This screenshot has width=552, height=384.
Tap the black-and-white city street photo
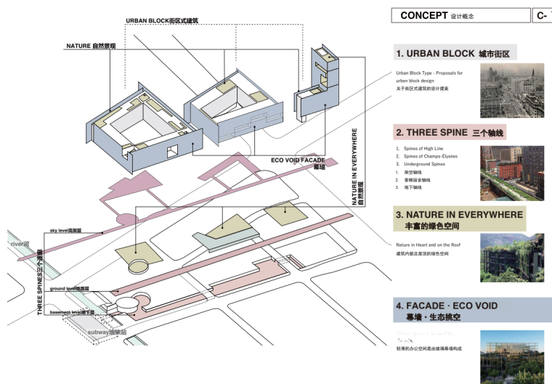click(x=512, y=91)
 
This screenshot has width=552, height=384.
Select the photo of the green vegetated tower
click(x=512, y=258)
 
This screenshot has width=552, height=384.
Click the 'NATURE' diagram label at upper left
click(x=91, y=46)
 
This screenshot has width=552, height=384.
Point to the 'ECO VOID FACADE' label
click(x=298, y=160)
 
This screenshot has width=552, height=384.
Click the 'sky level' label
click(x=65, y=230)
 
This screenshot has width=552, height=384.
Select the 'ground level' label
click(x=70, y=289)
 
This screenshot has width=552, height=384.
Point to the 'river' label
click(x=20, y=245)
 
